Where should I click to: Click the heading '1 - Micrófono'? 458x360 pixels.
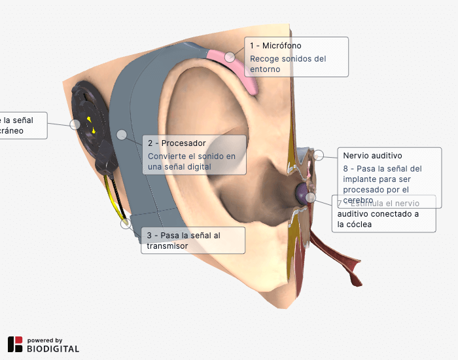tap(275, 46)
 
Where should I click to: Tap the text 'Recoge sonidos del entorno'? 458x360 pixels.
tap(288, 63)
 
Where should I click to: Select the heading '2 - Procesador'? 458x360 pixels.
tap(177, 143)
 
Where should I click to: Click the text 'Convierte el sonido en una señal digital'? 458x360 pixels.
tap(192, 161)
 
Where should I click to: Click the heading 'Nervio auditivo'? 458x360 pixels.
tap(372, 156)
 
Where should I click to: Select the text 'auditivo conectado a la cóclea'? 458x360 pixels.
tap(378, 219)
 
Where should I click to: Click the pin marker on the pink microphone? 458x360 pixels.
tap(230, 57)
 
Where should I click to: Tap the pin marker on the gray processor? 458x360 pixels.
tap(122, 134)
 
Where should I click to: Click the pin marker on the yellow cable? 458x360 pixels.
tap(126, 224)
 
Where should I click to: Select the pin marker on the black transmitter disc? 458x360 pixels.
tap(75, 124)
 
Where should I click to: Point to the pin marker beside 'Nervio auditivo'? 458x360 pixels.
tap(319, 155)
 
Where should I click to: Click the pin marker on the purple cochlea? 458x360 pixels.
tap(311, 197)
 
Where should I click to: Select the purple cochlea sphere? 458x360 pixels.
tap(302, 192)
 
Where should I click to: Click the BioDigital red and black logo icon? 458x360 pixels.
tap(15, 344)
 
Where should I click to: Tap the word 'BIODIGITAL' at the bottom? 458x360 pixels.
tap(53, 349)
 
